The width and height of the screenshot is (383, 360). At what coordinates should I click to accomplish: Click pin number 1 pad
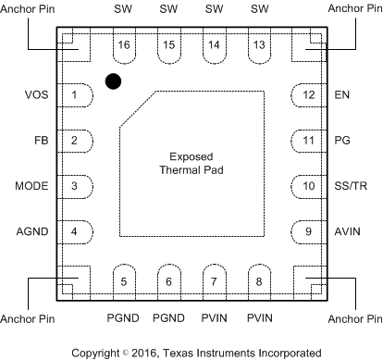tap(77, 95)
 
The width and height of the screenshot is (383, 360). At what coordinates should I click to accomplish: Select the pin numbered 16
tap(123, 49)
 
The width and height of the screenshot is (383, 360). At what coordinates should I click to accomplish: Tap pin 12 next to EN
tap(306, 95)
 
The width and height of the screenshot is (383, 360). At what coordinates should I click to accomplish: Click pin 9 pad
tap(306, 230)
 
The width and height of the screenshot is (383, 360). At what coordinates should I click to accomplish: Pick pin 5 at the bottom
tap(123, 278)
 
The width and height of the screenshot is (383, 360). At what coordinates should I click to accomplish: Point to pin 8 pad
tap(259, 278)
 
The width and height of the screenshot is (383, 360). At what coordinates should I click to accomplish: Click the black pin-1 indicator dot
tap(113, 81)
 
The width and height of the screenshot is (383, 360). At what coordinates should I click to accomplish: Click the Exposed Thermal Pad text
tap(191, 163)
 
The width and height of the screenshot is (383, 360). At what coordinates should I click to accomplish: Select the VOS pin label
tap(37, 95)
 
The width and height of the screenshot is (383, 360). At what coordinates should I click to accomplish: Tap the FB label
tap(42, 141)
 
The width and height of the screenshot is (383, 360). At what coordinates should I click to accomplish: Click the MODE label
tap(31, 186)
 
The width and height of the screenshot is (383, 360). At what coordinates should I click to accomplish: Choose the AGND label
tap(32, 230)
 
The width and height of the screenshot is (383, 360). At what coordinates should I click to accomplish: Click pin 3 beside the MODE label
tap(77, 186)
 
